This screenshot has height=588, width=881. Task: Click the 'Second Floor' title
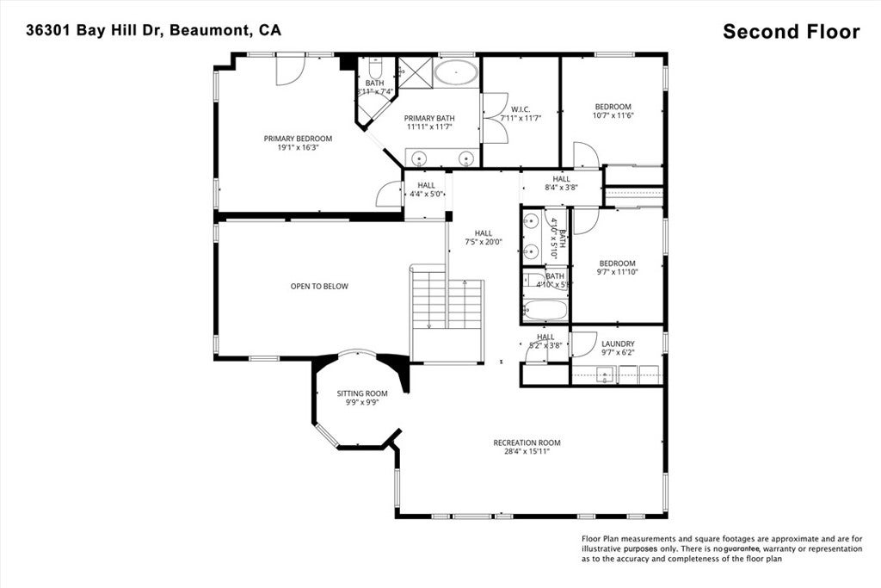(791, 32)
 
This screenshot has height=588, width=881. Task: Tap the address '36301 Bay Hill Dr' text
(95, 30)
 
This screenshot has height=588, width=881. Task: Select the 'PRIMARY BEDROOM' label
(298, 139)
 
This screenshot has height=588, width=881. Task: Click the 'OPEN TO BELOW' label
(319, 287)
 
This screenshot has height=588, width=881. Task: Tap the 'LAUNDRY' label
(618, 344)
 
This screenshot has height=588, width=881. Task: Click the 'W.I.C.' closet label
(520, 109)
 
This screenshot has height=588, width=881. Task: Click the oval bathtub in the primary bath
(455, 72)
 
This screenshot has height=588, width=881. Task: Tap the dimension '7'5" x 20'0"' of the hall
(484, 242)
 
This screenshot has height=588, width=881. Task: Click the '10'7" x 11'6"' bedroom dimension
(613, 115)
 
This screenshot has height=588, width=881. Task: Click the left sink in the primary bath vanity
(418, 158)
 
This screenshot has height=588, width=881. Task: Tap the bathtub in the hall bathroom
(545, 311)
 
